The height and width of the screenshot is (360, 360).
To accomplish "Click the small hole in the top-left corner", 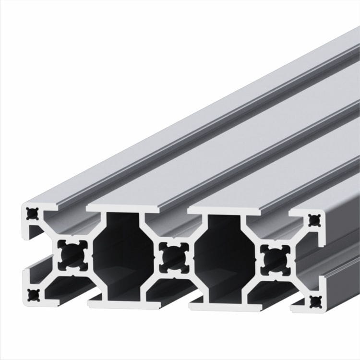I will (32, 212).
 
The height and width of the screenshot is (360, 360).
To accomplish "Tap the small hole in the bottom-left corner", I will (33, 294).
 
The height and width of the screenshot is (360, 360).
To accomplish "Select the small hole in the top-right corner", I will (314, 220).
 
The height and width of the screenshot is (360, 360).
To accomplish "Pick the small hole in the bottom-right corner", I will (315, 302).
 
